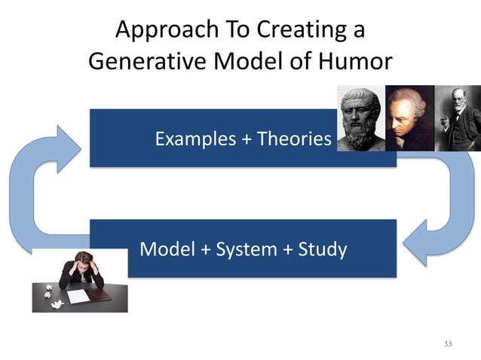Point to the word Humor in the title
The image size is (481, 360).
[x=354, y=60]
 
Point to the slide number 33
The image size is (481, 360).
[x=448, y=344]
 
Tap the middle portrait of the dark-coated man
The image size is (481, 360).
[x=409, y=117]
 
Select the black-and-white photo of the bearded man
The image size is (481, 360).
[x=457, y=117]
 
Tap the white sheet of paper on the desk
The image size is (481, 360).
[x=78, y=296]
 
